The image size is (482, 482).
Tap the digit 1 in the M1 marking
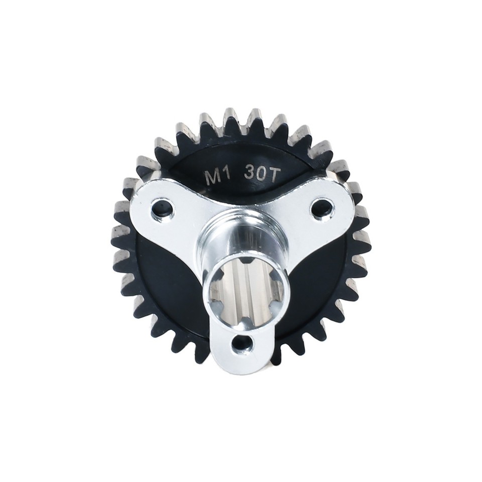click(x=225, y=176)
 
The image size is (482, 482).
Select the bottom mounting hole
click(x=243, y=343)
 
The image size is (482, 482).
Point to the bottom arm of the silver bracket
click(x=243, y=351)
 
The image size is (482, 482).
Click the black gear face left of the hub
click(x=166, y=281)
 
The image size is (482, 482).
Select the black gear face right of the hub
click(x=321, y=281)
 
